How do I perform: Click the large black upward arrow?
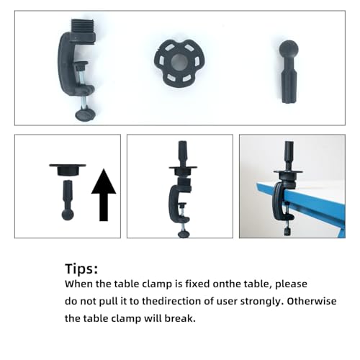(x=104, y=195)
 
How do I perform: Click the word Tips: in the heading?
(x=81, y=269)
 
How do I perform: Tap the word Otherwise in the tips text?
(x=312, y=301)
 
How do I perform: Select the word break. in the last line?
(x=180, y=318)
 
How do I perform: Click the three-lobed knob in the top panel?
(x=179, y=63)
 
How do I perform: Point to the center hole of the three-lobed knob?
(x=179, y=62)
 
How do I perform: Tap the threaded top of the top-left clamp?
(x=83, y=26)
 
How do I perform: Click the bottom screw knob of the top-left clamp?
(x=86, y=114)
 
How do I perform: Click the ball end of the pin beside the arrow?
(x=68, y=215)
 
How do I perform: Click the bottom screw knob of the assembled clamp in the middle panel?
(x=184, y=234)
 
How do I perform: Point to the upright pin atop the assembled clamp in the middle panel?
(x=182, y=153)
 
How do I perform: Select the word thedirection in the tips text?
(x=171, y=301)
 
